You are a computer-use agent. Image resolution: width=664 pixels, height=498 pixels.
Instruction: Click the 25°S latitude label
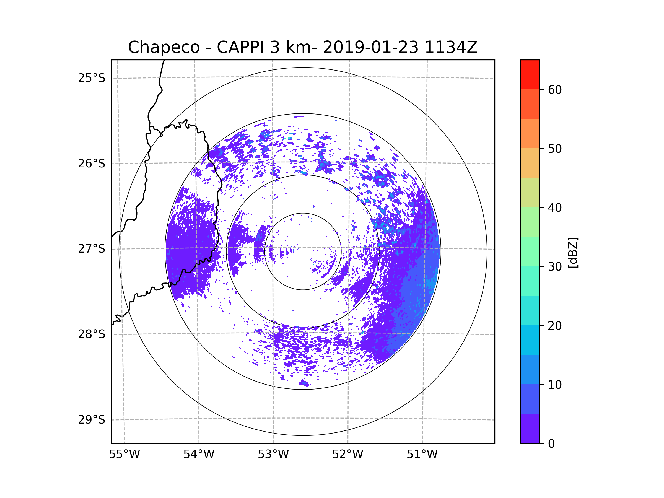92,78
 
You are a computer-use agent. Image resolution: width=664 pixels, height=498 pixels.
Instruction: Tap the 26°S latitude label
92,164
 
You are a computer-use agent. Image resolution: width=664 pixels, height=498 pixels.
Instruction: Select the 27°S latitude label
92,249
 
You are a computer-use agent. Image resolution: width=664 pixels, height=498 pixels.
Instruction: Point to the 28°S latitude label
92,334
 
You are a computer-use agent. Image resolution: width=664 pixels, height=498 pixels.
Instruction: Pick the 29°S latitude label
92,420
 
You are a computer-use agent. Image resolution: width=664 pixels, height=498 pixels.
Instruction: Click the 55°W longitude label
124,455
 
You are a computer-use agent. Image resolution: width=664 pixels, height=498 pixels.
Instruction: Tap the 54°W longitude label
199,455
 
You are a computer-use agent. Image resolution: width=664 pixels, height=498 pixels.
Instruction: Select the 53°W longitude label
273,455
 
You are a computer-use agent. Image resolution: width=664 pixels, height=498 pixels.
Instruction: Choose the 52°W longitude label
347,455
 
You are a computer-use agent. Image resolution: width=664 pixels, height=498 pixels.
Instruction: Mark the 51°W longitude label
422,455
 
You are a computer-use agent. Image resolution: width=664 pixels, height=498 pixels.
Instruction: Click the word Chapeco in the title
164,47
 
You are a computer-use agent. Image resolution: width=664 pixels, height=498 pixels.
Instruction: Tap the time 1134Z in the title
451,47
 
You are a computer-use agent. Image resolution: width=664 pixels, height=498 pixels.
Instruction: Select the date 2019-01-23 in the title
370,47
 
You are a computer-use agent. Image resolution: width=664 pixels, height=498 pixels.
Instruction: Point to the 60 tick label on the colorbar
555,90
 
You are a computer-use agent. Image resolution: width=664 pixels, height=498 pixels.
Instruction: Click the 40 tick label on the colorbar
555,208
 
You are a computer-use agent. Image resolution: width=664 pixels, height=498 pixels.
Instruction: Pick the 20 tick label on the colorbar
555,326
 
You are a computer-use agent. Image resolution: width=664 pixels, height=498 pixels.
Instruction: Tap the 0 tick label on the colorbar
551,444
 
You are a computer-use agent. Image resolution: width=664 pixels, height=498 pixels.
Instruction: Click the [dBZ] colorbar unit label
573,253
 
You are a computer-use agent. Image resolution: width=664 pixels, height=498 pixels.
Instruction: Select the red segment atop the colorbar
530,74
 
